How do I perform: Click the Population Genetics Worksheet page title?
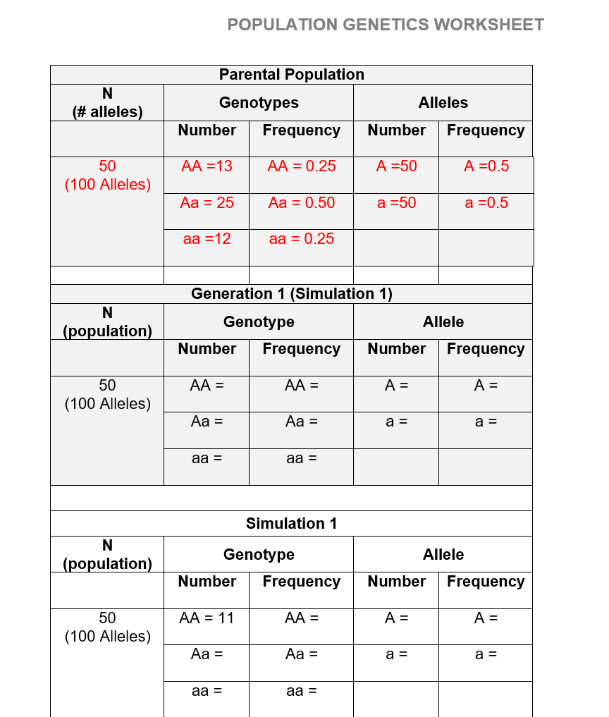[386, 25]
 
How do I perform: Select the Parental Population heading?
[291, 75]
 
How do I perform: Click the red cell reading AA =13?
[207, 166]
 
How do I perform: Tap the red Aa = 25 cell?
[207, 203]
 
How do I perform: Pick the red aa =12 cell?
[207, 239]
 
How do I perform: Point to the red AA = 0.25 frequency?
[302, 166]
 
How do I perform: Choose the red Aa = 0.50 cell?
[302, 203]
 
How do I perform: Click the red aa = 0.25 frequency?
[302, 239]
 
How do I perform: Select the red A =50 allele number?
[396, 166]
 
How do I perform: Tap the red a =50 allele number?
[396, 203]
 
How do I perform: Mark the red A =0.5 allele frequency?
[486, 166]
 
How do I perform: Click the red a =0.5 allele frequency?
[486, 203]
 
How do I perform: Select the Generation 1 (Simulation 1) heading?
[291, 294]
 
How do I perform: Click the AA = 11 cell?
[207, 618]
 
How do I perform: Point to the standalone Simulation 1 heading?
[291, 524]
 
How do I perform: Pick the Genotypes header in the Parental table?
[259, 103]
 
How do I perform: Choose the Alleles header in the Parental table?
[443, 103]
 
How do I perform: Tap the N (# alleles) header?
[107, 103]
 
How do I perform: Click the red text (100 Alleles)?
[107, 185]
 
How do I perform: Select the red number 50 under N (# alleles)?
[107, 166]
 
